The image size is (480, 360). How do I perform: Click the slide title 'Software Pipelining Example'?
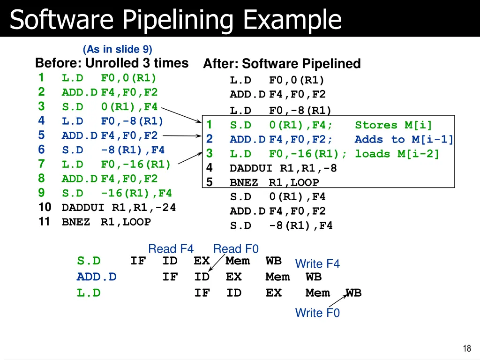click(176, 20)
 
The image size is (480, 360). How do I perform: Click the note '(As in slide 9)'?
click(117, 49)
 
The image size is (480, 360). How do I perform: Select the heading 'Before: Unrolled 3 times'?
click(112, 63)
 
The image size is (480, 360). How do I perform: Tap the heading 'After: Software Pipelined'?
click(282, 64)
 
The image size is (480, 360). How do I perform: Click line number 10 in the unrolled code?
click(44, 207)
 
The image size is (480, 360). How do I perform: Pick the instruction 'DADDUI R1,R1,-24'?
click(119, 207)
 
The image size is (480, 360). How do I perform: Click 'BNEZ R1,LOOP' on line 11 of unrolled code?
click(106, 222)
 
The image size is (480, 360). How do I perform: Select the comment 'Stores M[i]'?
click(393, 125)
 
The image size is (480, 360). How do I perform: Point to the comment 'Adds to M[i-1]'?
click(404, 139)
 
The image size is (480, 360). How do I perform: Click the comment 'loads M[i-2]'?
click(397, 154)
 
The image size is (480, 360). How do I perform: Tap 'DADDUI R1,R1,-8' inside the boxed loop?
click(283, 168)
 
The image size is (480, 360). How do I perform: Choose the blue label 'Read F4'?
click(171, 249)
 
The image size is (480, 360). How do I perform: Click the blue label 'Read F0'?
click(236, 249)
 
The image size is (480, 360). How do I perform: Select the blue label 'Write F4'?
click(317, 264)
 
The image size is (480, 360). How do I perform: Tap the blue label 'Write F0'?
click(317, 313)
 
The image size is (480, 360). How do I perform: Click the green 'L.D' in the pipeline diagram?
click(89, 293)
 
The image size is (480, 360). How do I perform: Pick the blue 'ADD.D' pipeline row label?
click(97, 277)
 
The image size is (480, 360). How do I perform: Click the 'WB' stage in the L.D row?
click(353, 293)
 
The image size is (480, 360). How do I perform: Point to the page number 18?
click(466, 348)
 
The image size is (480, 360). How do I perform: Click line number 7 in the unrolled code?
click(41, 164)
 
